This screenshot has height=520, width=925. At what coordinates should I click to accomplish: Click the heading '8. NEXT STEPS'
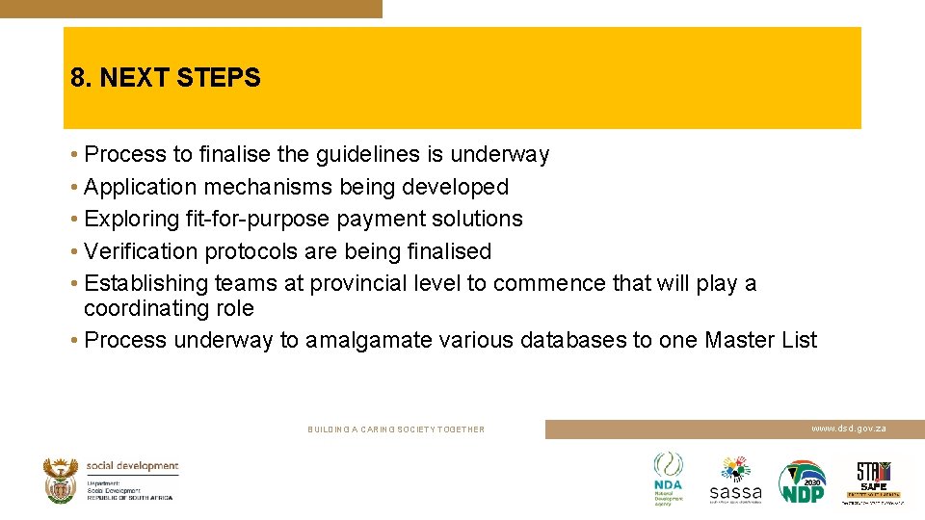pos(166,78)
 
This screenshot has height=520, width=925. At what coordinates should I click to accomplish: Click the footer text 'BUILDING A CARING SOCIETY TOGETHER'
pos(396,429)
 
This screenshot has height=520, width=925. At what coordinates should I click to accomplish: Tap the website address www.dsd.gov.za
pos(848,428)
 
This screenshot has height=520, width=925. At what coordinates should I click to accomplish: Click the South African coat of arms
pos(61,480)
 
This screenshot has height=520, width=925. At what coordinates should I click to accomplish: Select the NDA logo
pos(668,479)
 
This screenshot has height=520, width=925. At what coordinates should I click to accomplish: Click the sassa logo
pos(735,480)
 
